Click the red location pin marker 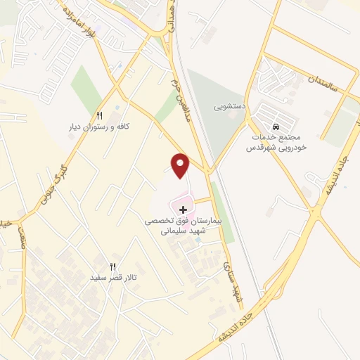pos(181,165)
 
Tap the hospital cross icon pos(184,210)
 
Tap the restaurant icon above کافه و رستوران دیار pos(99,116)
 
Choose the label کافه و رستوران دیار pos(99,127)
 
